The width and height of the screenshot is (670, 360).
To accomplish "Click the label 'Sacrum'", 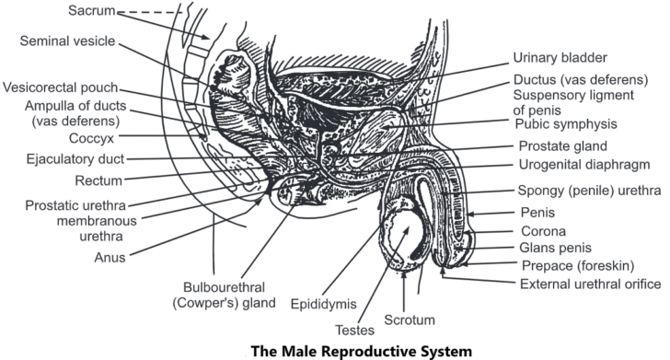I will (x=92, y=11).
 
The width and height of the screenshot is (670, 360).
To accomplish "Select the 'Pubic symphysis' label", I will (x=565, y=123).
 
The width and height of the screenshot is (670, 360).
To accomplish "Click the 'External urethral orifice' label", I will (x=577, y=284).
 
